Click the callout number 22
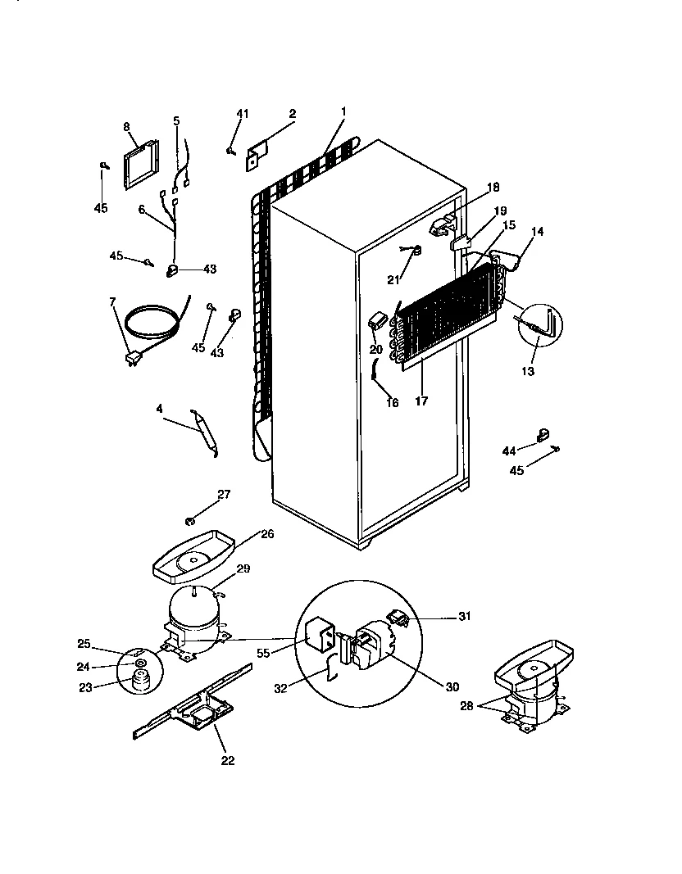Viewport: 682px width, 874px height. click(227, 760)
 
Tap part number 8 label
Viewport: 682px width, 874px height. click(127, 126)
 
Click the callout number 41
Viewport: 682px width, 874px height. click(242, 113)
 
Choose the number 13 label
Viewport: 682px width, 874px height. click(527, 372)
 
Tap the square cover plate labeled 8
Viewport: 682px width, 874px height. click(142, 165)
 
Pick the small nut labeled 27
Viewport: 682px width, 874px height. click(190, 520)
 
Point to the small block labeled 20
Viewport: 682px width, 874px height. click(378, 320)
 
